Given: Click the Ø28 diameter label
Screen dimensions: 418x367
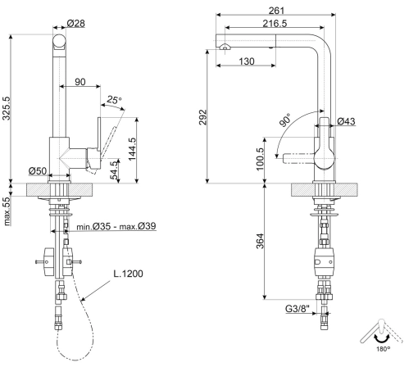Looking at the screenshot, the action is click(76, 23).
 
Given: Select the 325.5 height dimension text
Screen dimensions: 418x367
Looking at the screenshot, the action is click(7, 108).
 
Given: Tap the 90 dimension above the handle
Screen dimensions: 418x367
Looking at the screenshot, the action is click(80, 82).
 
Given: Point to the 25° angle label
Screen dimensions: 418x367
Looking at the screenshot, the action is click(114, 100).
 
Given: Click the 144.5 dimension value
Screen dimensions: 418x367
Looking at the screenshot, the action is click(132, 149).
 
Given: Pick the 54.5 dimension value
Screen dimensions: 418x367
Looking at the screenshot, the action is click(115, 170).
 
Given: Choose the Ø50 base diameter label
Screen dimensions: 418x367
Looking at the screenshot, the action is click(38, 171).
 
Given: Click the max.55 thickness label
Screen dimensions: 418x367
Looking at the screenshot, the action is click(7, 211).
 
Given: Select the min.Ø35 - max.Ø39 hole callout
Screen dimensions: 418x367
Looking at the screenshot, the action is click(116, 226).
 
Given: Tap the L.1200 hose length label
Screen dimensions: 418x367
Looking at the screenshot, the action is click(128, 274).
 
